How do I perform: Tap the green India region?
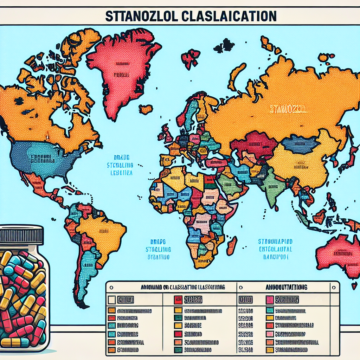[272, 186]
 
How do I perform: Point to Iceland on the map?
[146, 109]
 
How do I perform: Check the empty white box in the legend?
[112, 300]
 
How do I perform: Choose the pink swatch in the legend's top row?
[270, 300]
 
